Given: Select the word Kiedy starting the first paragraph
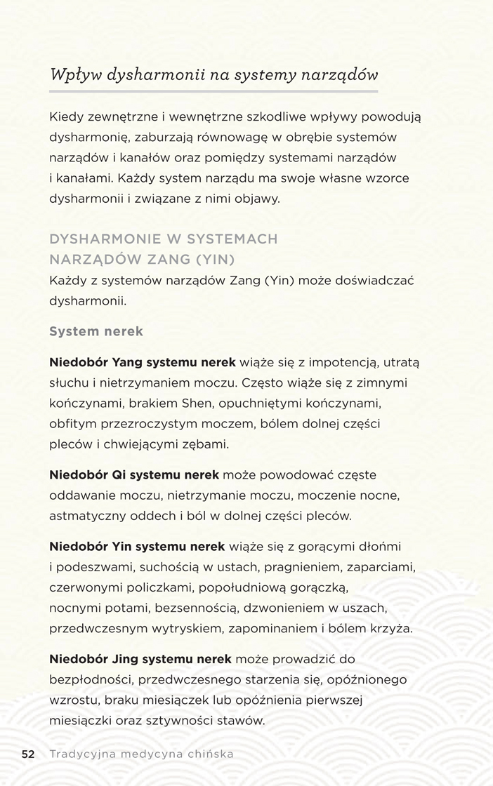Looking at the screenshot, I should point(65,116).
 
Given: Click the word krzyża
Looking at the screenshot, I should point(391,628).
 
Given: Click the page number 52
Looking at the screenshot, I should point(28,754).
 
